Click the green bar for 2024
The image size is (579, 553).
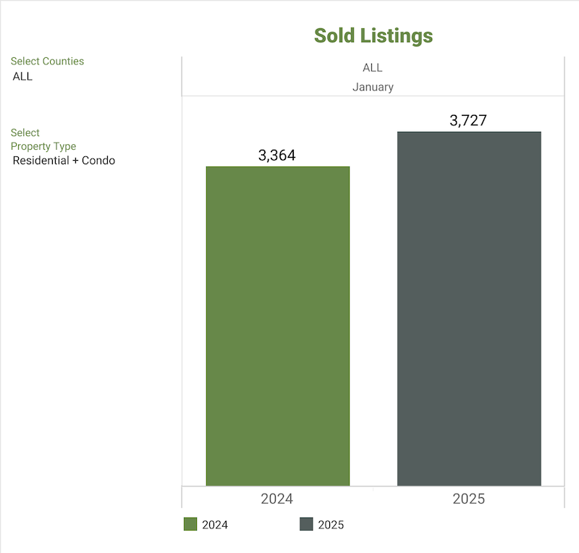click(x=277, y=326)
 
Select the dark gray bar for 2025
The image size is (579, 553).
click(x=469, y=308)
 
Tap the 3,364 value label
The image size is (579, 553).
click(x=277, y=155)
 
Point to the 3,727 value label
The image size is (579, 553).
click(x=468, y=120)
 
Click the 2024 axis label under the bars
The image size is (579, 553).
click(x=276, y=499)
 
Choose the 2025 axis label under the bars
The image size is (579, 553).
click(x=468, y=499)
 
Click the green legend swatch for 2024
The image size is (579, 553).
click(x=190, y=524)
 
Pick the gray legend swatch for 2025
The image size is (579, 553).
click(x=306, y=524)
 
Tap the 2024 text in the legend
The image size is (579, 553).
click(x=215, y=525)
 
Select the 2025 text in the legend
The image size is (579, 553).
click(x=331, y=525)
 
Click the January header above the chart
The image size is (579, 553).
click(x=373, y=87)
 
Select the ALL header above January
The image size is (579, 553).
click(x=372, y=68)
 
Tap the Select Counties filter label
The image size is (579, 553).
click(x=47, y=62)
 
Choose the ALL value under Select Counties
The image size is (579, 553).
click(x=22, y=76)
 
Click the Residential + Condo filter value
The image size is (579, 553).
click(x=64, y=160)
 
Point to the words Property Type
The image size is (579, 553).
click(x=43, y=146)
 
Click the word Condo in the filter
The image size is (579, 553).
click(x=98, y=160)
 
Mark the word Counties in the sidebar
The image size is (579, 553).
click(x=63, y=62)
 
